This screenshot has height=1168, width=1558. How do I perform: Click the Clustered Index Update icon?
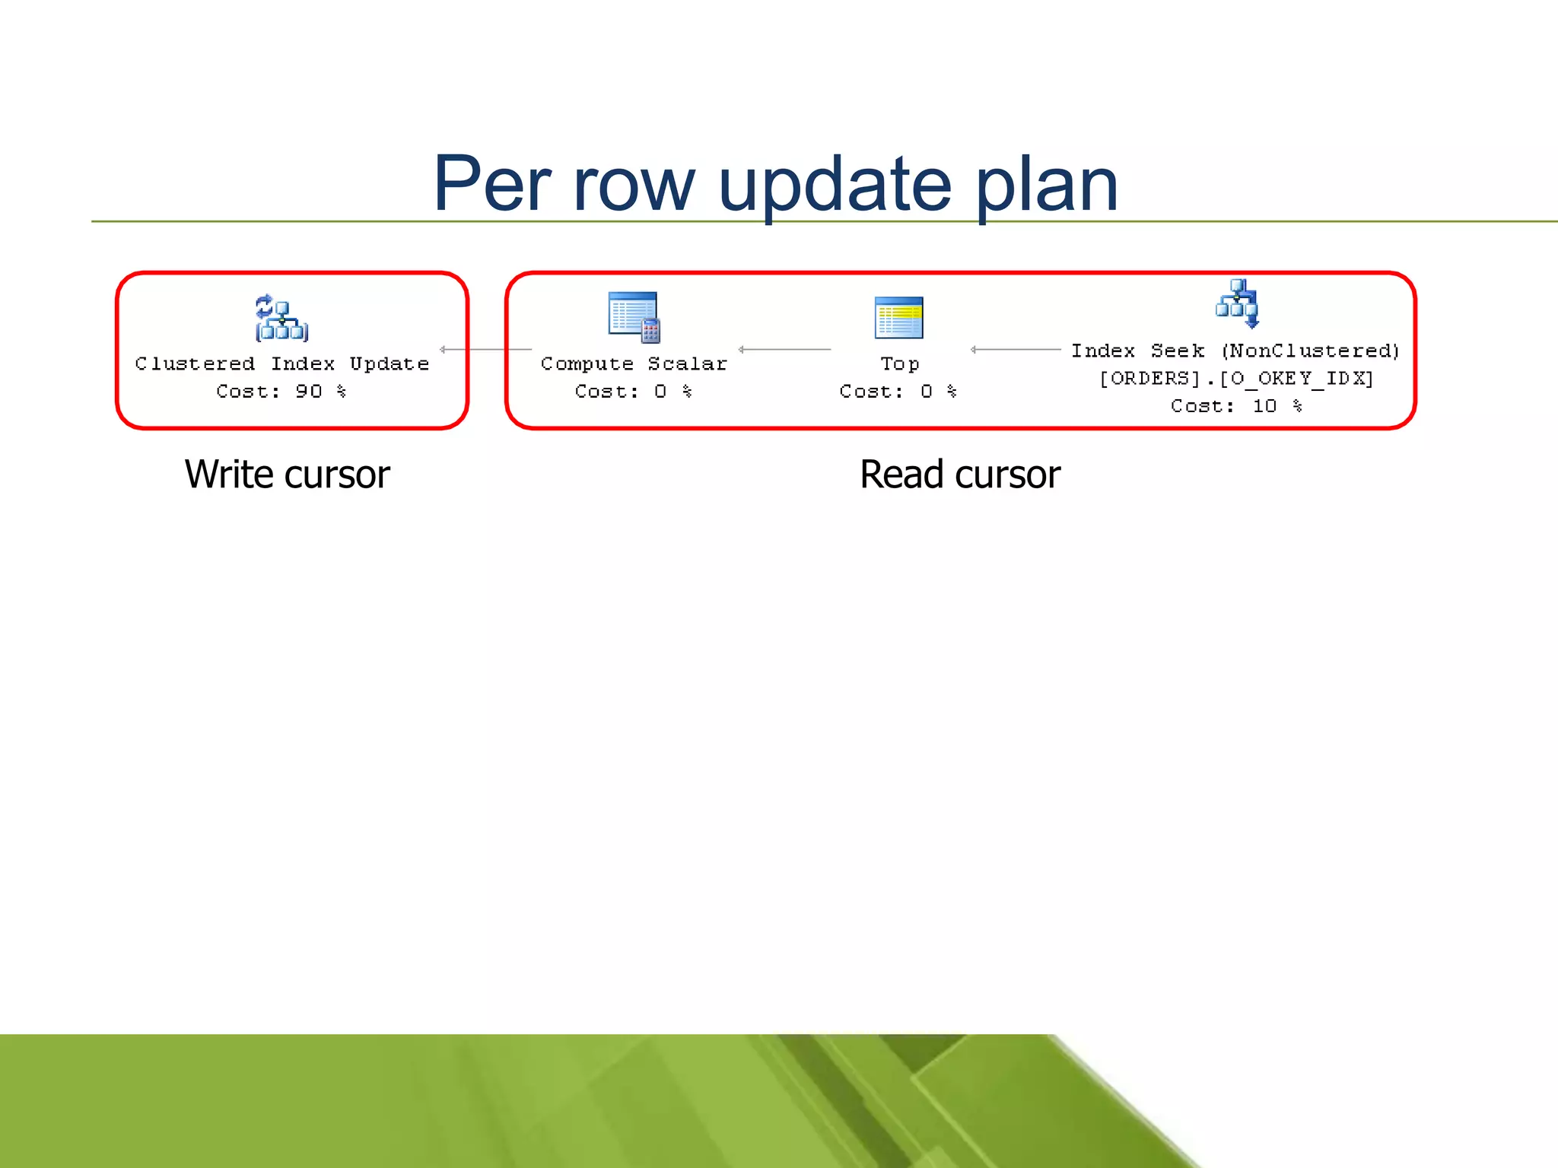point(281,318)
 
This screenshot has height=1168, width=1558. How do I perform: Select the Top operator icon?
point(898,317)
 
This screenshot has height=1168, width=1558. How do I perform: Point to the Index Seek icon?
point(1237,303)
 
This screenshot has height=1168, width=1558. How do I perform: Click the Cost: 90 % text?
point(281,392)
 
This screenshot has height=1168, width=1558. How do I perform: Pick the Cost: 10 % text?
point(1236,406)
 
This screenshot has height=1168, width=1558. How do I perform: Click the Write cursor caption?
point(288,474)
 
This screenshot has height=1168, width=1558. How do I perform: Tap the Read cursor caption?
point(960,474)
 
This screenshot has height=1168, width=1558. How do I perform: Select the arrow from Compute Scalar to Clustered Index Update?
point(485,350)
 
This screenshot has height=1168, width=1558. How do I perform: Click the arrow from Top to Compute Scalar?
point(784,350)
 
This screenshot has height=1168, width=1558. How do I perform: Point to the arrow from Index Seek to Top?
point(1016,350)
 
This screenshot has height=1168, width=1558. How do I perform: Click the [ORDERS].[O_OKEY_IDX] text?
point(1236,379)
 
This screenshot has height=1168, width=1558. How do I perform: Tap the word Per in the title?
point(491,184)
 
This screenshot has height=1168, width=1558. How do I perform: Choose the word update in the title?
point(835,186)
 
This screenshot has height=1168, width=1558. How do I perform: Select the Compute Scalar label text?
point(634,364)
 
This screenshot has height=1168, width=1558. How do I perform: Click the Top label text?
point(899,365)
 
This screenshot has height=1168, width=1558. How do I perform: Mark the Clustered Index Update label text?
point(281,364)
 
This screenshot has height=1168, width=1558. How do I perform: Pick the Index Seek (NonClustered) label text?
point(1235,351)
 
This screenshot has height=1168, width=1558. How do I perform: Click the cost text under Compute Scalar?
point(633,392)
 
